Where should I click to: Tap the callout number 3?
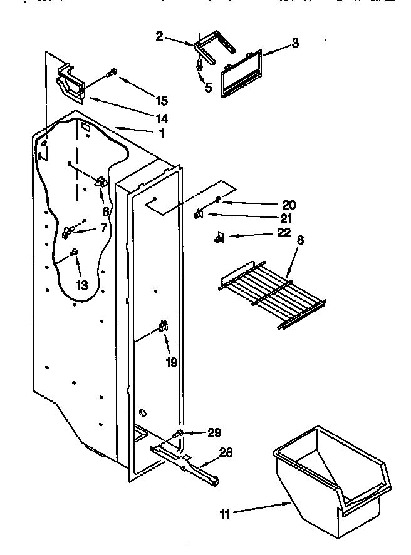pyautogui.click(x=295, y=43)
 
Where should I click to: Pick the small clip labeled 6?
pyautogui.click(x=100, y=182)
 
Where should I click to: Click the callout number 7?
pyautogui.click(x=103, y=228)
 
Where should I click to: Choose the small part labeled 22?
pyautogui.click(x=219, y=236)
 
